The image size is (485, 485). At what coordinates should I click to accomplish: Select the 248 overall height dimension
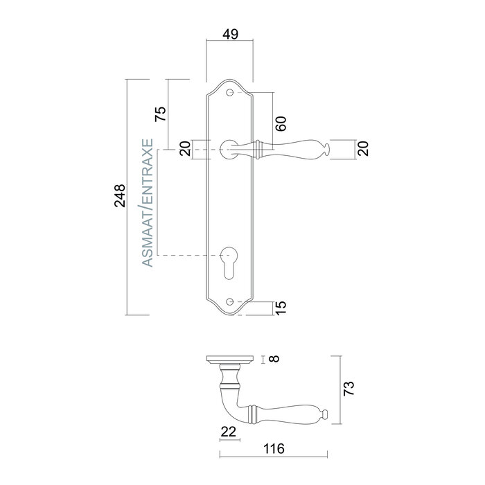tap(120, 197)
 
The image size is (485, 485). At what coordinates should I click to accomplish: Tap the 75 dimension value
tap(159, 114)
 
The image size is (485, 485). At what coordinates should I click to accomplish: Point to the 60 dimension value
tap(281, 124)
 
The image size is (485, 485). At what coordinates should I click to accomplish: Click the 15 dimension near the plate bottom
tap(281, 306)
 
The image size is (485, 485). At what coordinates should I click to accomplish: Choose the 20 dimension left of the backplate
tap(185, 148)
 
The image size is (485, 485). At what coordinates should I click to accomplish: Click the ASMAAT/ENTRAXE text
tap(146, 202)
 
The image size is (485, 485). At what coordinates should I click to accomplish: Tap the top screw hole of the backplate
tap(230, 92)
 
